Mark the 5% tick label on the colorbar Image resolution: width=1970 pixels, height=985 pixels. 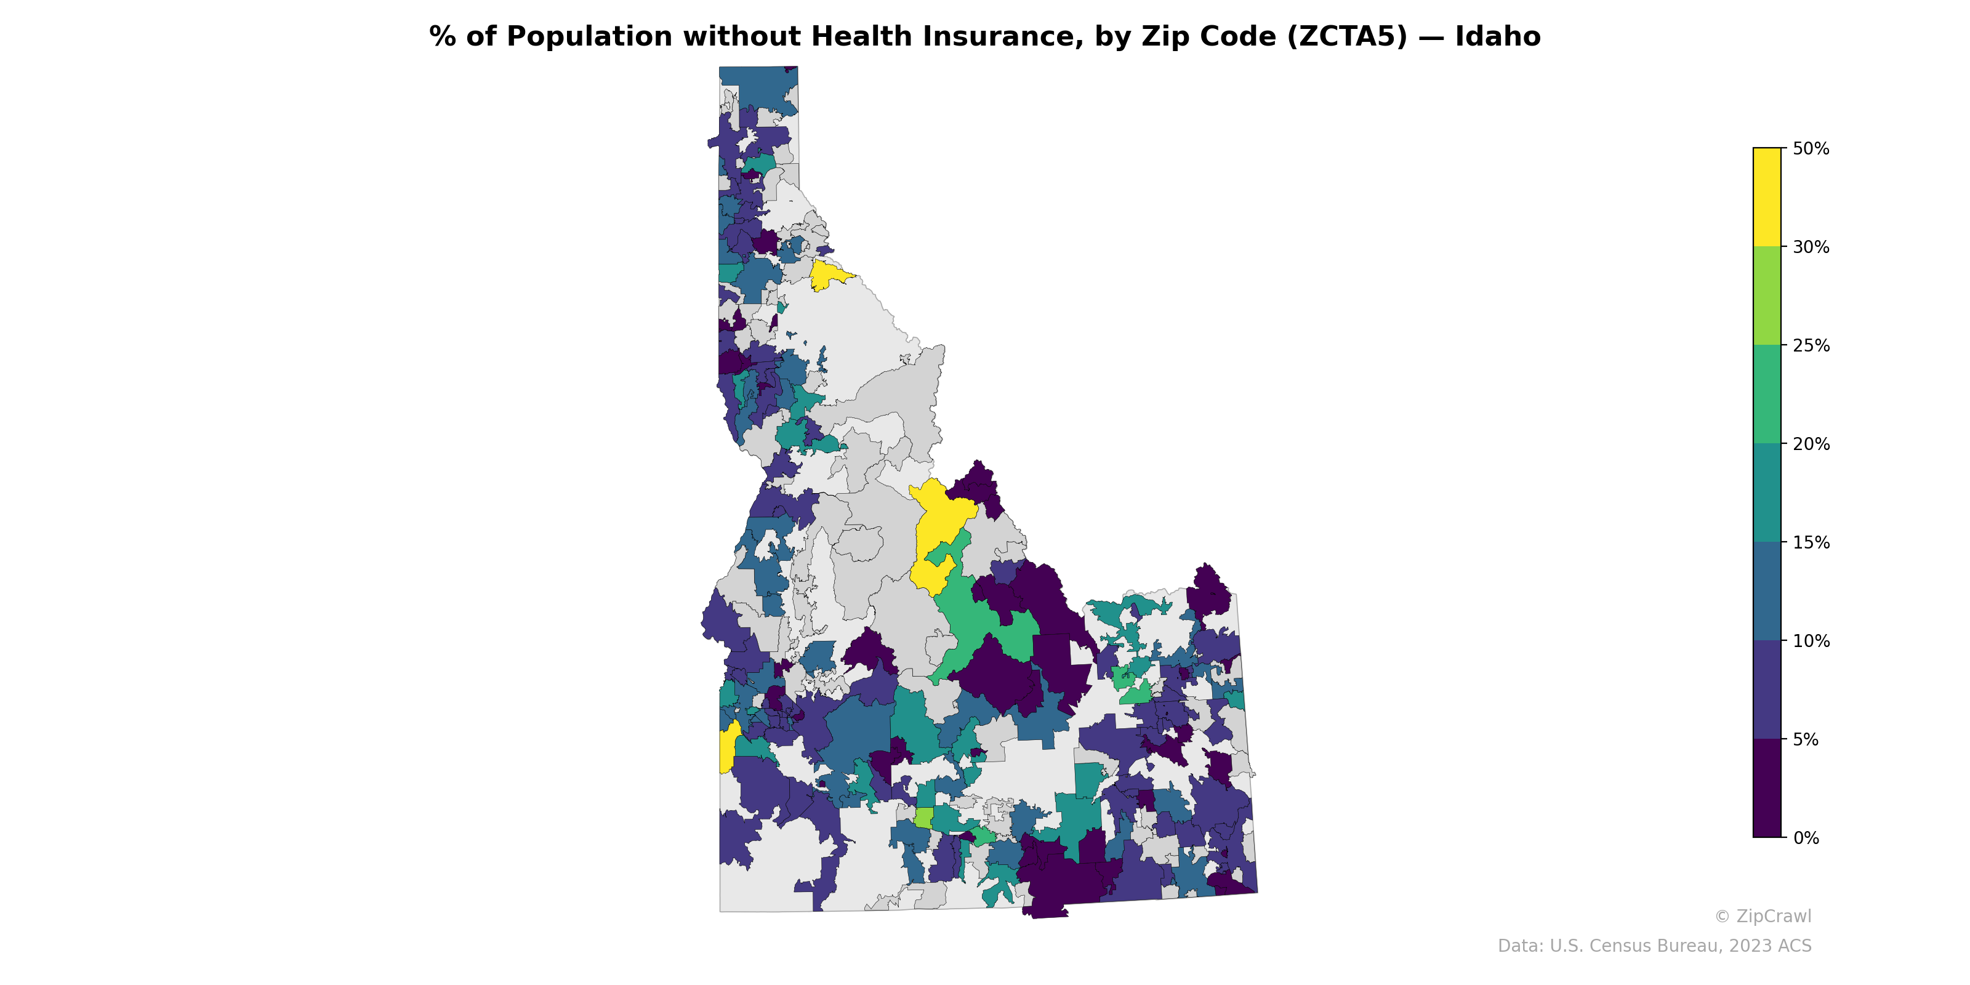coord(1806,739)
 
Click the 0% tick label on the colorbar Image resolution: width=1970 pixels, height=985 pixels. coord(1806,838)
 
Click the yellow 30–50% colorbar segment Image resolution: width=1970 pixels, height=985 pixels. coord(1767,197)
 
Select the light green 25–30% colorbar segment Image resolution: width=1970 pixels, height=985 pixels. coord(1767,296)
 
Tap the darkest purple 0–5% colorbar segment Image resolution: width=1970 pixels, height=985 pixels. coord(1767,789)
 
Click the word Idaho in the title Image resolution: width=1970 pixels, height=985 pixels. coord(1497,37)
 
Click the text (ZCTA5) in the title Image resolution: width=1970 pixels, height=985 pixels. coord(1347,37)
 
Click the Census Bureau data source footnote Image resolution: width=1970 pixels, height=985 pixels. coord(1654,946)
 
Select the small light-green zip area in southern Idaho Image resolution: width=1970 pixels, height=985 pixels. coord(923,818)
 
